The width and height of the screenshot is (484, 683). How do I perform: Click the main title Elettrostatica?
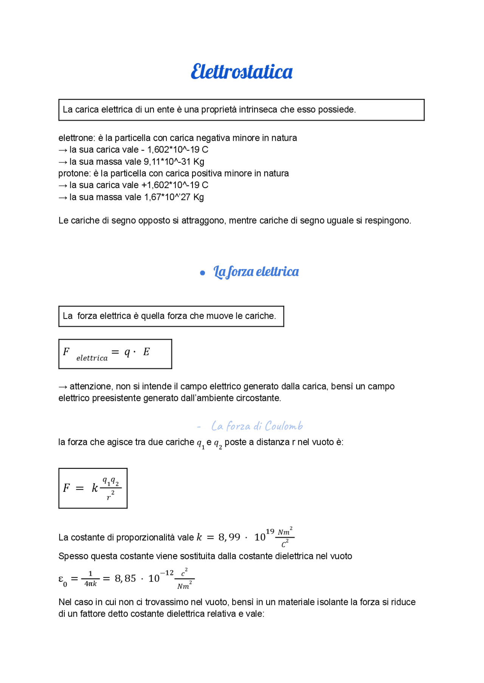(242, 72)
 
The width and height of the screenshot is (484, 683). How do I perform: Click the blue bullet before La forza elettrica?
(203, 273)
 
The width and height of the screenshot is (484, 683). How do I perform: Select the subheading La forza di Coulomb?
(257, 426)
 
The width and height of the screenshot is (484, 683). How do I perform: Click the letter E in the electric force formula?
(146, 352)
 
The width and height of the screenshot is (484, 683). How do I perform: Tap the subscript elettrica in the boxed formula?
(92, 358)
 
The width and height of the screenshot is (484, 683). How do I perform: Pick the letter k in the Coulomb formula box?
(95, 488)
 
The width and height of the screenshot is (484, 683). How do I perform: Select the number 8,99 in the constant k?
(229, 537)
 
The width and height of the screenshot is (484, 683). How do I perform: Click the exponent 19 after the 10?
(270, 532)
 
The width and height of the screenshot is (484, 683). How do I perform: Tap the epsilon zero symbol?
(62, 579)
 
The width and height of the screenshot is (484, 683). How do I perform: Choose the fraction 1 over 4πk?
(90, 579)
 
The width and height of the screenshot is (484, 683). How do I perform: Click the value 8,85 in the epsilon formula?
(125, 578)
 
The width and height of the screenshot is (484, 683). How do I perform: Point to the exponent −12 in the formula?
(167, 573)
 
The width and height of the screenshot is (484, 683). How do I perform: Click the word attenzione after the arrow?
(91, 386)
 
